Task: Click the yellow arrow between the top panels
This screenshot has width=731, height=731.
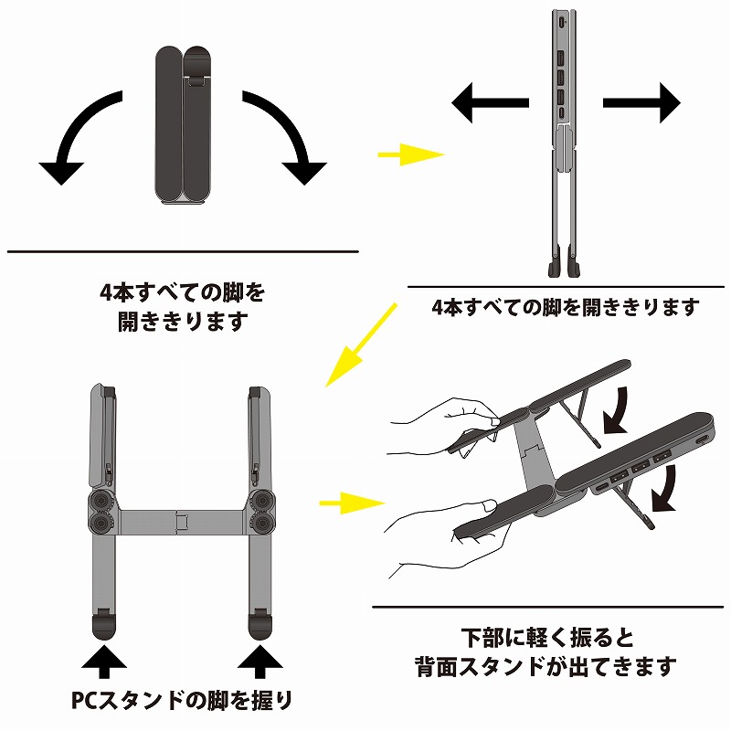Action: [409, 154]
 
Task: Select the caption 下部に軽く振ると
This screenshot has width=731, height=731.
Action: [547, 636]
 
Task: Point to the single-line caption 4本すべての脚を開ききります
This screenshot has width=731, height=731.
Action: [566, 307]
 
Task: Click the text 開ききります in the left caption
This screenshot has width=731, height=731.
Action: [183, 323]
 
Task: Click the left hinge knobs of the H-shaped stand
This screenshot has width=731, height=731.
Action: [102, 511]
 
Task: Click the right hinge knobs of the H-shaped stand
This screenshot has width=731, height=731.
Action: [261, 511]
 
